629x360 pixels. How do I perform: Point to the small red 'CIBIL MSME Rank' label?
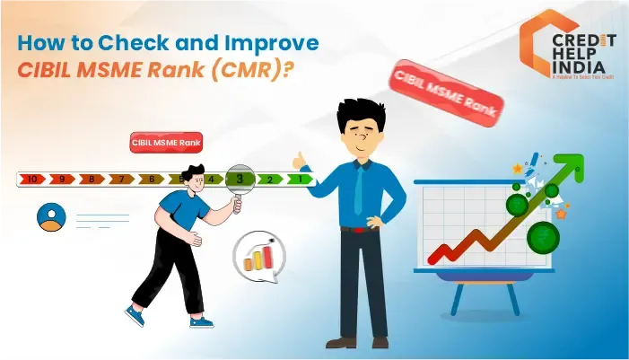click(x=167, y=143)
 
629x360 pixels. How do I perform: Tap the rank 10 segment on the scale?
click(x=32, y=180)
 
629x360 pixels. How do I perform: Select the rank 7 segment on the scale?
click(x=121, y=180)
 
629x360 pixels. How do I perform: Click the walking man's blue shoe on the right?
click(x=201, y=320)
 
